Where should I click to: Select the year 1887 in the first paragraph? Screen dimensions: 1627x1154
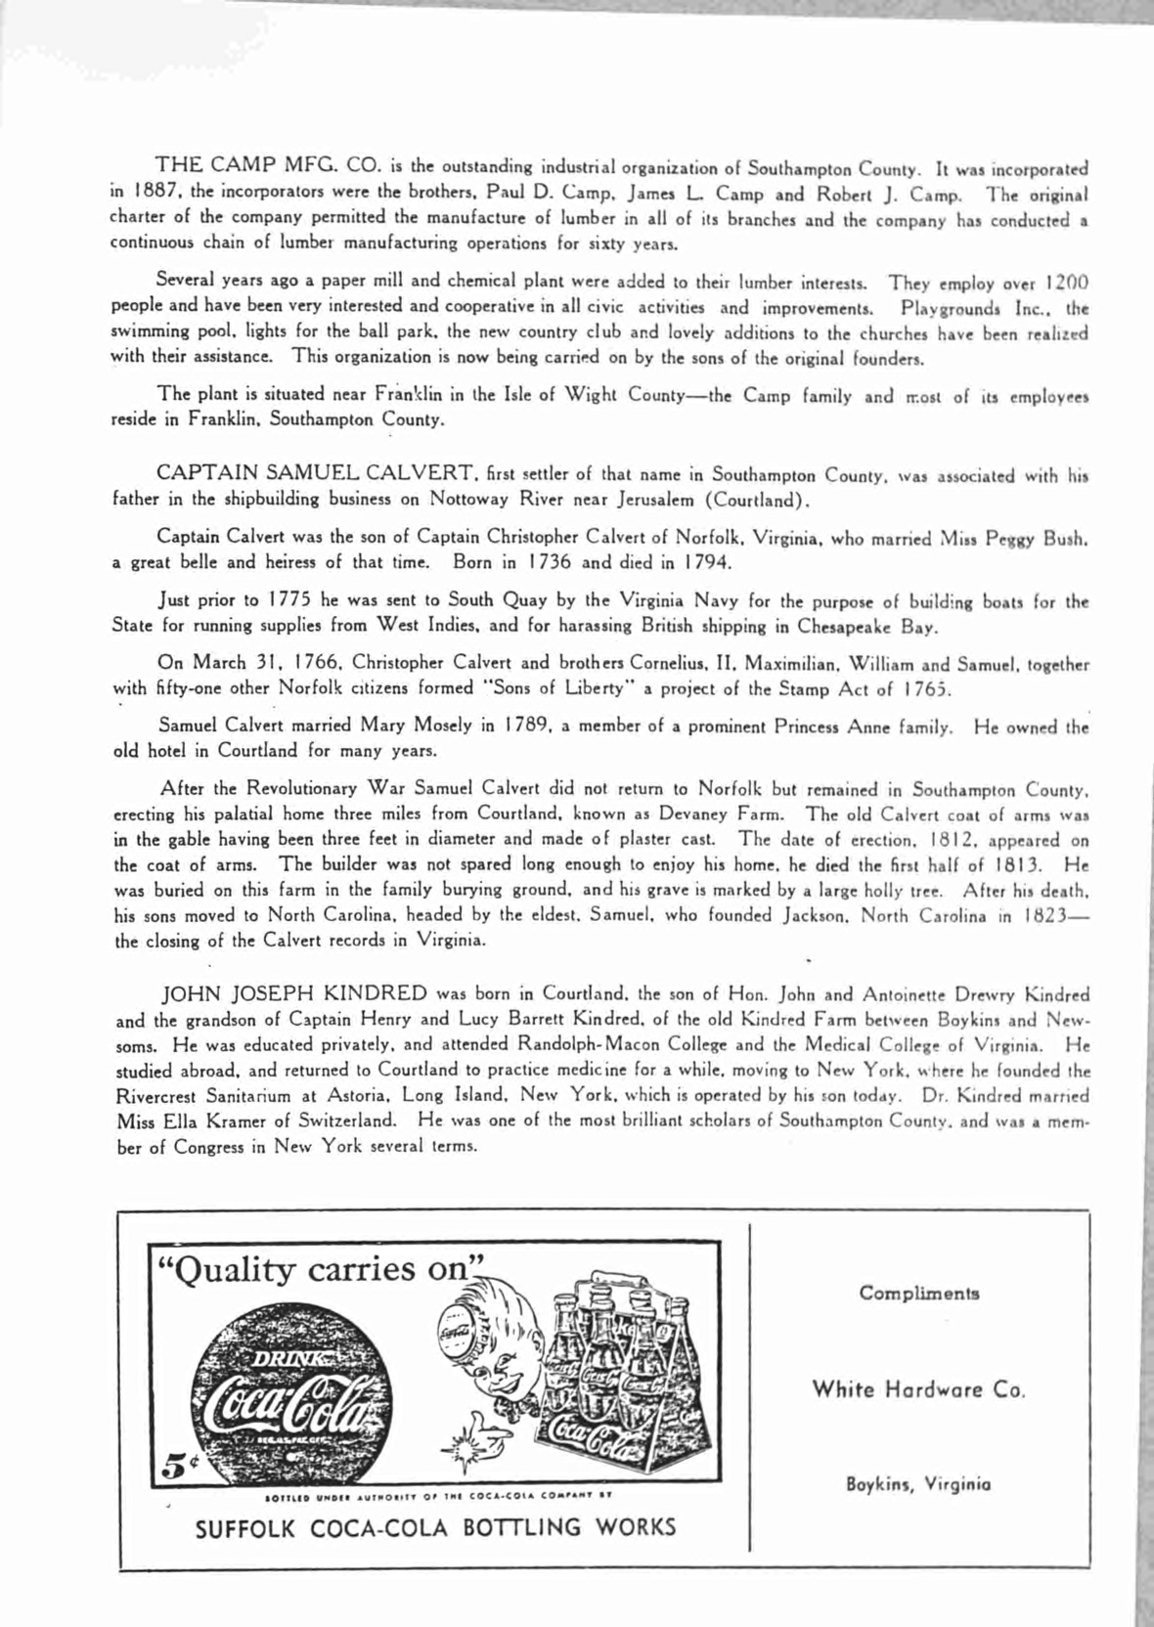point(147,192)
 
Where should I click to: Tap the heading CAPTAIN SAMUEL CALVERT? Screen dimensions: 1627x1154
point(317,474)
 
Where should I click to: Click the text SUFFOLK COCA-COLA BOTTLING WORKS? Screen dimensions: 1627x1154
point(436,1526)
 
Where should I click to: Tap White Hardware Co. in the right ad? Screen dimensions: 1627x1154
point(918,1389)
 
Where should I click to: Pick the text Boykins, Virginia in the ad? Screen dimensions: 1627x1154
point(918,1483)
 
